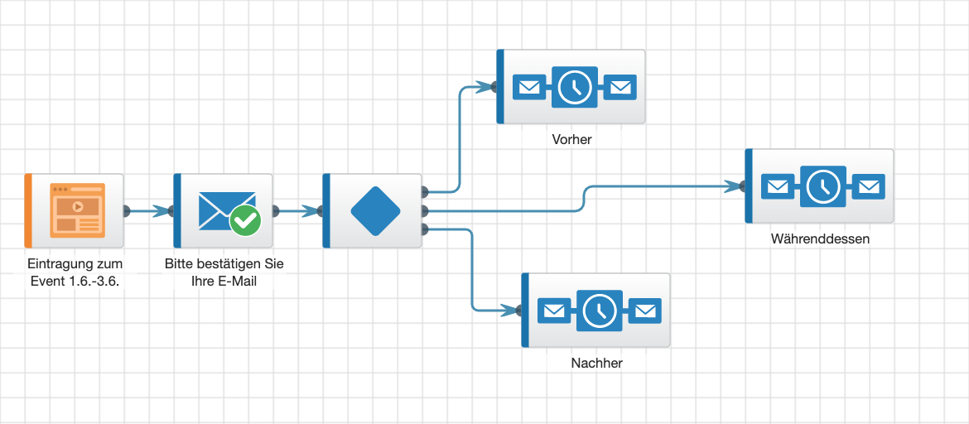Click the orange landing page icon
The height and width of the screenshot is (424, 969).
(x=77, y=210)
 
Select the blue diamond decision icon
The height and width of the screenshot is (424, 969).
(x=376, y=210)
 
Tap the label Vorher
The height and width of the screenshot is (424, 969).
(x=571, y=139)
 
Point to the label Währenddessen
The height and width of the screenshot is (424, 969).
(x=820, y=238)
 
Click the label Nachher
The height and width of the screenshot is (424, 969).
(x=596, y=363)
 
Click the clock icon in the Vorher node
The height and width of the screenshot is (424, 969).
(x=574, y=87)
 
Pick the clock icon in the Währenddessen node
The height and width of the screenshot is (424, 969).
(x=822, y=186)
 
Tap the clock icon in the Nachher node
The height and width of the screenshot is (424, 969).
(x=599, y=311)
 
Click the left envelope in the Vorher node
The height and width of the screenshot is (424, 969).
(x=528, y=87)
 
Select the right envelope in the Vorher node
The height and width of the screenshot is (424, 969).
(x=620, y=87)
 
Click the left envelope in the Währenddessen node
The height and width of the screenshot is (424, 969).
(x=776, y=186)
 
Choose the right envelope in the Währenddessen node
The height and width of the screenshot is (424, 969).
(x=869, y=186)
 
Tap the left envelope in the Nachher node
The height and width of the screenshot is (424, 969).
(x=552, y=311)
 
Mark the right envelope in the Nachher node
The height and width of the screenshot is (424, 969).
(x=645, y=311)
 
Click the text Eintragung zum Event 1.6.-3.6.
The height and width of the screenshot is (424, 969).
(x=75, y=272)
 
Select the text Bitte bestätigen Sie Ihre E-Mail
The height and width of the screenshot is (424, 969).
(x=224, y=272)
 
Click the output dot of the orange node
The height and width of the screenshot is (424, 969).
(x=127, y=210)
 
